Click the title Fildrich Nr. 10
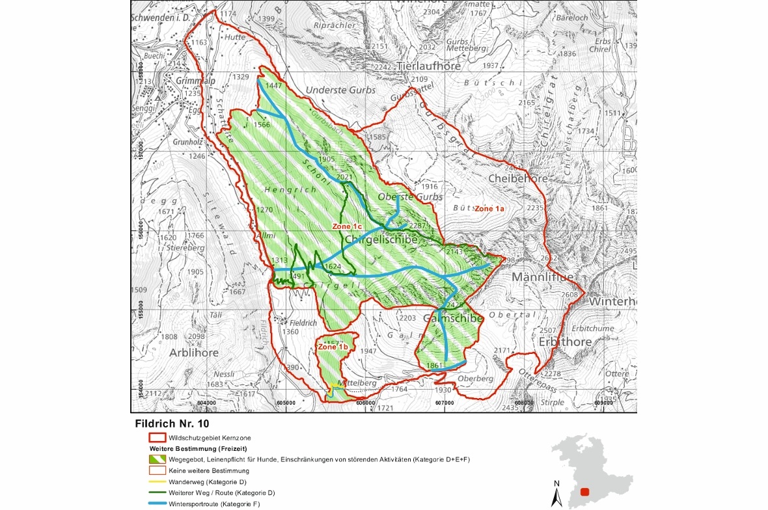click(172, 423)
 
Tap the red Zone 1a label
click(489, 209)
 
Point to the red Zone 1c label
click(347, 226)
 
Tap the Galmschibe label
click(453, 319)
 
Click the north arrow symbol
click(556, 496)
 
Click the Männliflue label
click(543, 278)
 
